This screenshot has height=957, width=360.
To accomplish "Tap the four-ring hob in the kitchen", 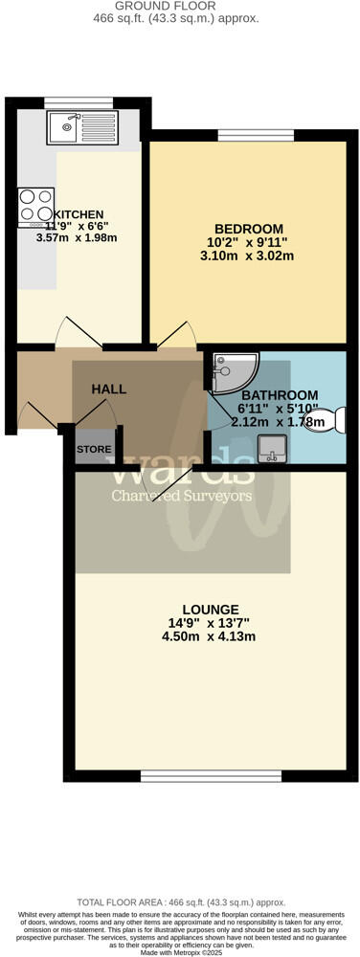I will [x=36, y=206].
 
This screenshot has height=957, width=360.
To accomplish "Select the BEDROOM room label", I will [x=249, y=229].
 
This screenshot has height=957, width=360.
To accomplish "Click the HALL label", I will [x=109, y=389].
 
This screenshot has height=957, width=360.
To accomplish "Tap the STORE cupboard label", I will [x=94, y=449].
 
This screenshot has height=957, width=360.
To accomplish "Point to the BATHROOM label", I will [x=279, y=395].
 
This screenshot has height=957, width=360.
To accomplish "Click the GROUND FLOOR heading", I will [x=180, y=6].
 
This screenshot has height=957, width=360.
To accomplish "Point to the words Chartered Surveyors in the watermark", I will [x=182, y=495].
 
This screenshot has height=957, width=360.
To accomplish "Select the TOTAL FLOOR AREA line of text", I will [x=180, y=901].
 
